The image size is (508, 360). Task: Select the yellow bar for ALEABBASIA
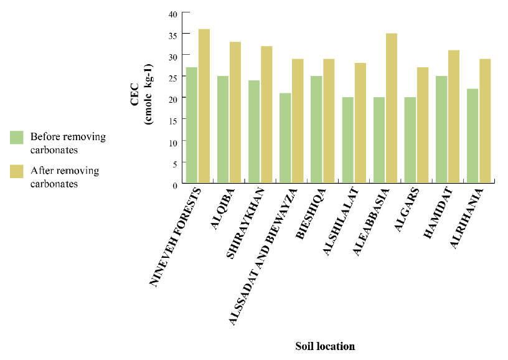[x=391, y=109]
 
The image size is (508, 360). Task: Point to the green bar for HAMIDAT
[x=441, y=130]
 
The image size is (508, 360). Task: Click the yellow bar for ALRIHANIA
[x=484, y=121]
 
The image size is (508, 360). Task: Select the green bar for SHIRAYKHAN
[x=254, y=132]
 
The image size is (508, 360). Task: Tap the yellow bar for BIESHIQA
[x=329, y=121]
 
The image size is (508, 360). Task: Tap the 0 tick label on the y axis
[x=174, y=184]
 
